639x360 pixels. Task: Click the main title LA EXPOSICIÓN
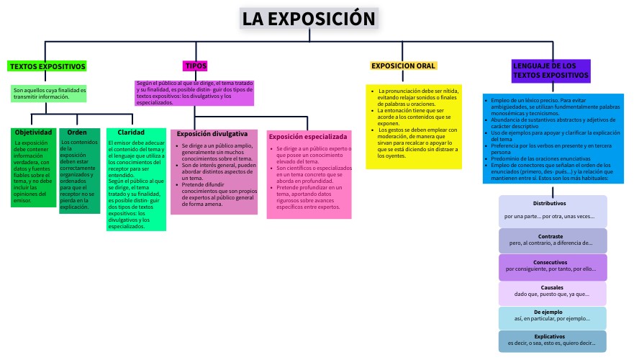pos(309,19)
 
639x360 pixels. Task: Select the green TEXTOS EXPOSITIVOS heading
pos(47,66)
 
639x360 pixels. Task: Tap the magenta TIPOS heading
pos(196,66)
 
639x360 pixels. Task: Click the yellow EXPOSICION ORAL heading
pos(404,66)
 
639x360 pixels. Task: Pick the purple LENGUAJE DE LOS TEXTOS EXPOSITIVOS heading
pos(550,70)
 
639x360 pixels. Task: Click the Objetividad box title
pos(34,132)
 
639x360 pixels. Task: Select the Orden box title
pos(77,132)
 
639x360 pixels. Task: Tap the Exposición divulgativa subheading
pos(212,134)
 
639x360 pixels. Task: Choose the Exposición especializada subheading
pos(308,136)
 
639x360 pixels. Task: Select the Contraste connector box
pos(553,240)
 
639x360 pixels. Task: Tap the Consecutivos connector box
pos(553,266)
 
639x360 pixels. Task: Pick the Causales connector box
pos(553,292)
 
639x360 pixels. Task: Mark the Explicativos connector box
pos(553,341)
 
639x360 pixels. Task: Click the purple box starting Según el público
pos(194,93)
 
